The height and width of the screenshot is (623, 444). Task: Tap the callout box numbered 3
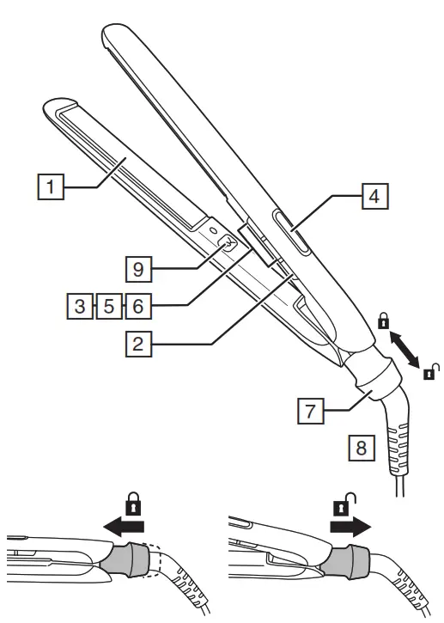coord(80,303)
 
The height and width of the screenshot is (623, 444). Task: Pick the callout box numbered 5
coord(107,303)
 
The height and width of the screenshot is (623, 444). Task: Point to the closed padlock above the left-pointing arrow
coord(134,499)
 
